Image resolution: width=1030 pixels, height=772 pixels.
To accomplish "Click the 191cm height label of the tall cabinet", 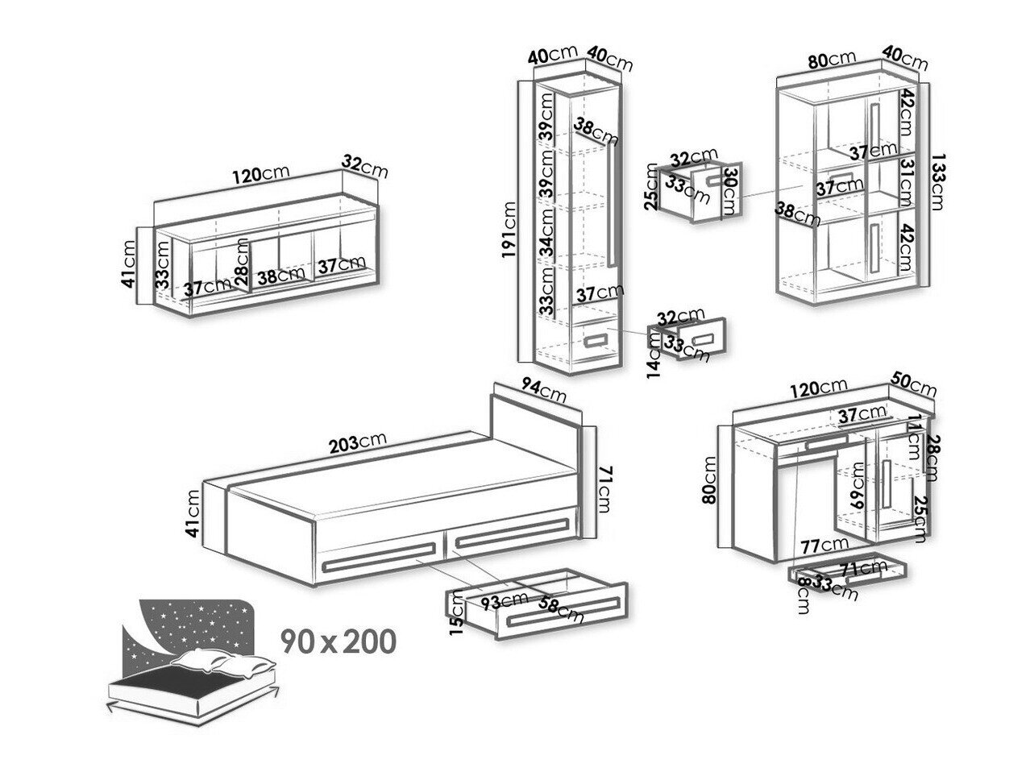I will [x=509, y=230].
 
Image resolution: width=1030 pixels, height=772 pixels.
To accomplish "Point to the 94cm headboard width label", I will [x=542, y=392].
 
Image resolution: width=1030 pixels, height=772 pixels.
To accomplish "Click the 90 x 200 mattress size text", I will [x=338, y=641].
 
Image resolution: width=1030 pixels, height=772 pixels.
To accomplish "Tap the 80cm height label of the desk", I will [x=710, y=479].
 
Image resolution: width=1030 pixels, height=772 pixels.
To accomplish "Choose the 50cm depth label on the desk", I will [x=914, y=384].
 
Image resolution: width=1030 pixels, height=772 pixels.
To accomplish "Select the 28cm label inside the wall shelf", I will [x=241, y=259].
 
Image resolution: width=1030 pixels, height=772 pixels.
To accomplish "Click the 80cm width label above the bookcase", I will [x=832, y=60].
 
